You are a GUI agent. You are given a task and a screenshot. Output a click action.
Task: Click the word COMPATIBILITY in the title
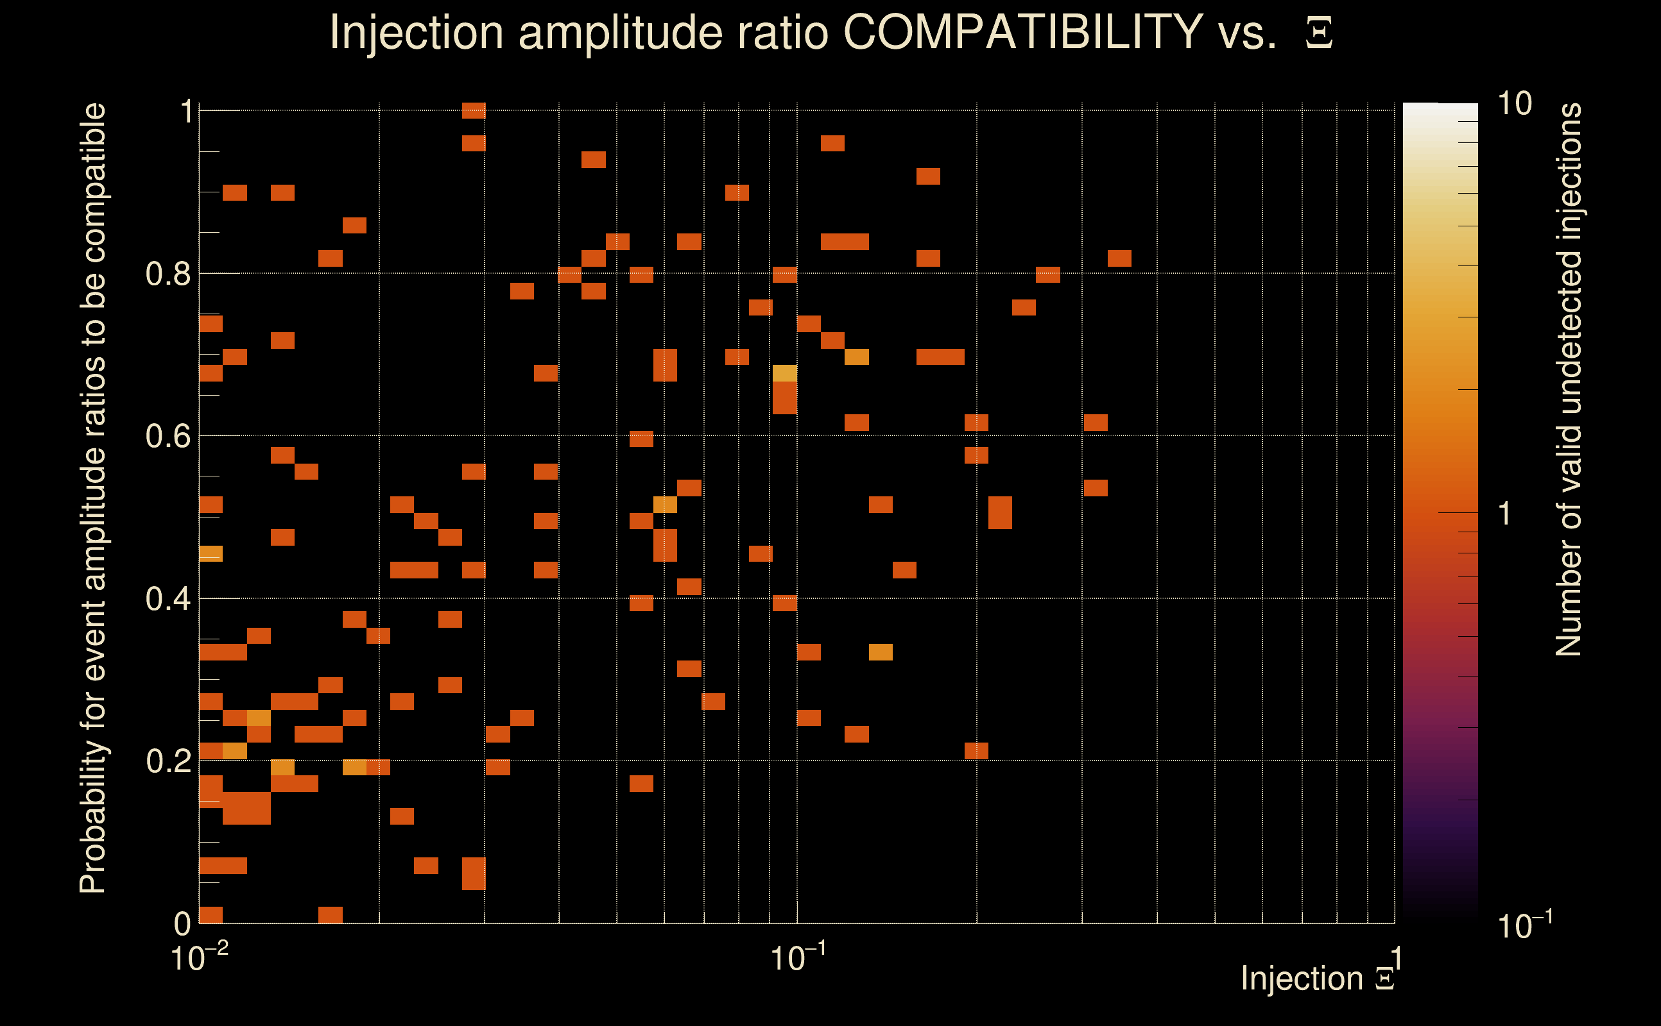1022,32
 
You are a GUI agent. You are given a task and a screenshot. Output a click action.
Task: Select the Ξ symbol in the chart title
1319,33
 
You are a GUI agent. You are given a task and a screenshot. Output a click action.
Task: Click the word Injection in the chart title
416,32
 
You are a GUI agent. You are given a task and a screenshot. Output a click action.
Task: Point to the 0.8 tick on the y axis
168,274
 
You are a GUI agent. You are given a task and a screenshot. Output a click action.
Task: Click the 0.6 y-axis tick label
168,436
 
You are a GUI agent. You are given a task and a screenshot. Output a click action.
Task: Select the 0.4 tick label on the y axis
168,599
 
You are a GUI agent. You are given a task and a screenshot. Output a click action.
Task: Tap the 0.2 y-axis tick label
168,761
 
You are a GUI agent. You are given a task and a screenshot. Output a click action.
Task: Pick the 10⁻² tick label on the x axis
199,957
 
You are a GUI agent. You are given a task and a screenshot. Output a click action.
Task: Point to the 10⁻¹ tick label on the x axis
798,957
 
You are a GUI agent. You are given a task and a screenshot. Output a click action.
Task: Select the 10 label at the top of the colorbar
1514,104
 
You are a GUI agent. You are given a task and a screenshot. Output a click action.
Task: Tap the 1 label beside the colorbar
1504,514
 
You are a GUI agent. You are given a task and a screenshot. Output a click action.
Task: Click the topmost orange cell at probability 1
473,110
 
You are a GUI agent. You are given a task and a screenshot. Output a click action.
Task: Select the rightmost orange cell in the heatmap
1119,258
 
